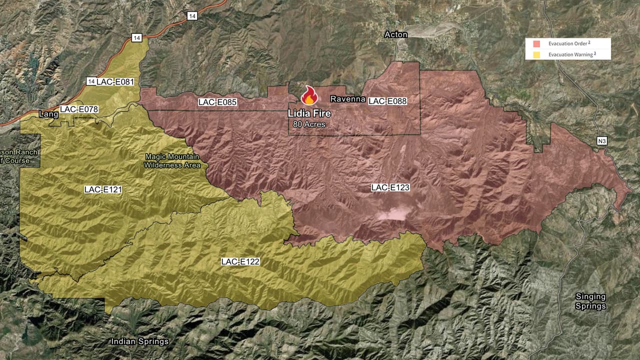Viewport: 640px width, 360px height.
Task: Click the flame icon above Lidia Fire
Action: pyautogui.click(x=309, y=95)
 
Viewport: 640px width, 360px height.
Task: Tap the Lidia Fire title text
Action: pyautogui.click(x=309, y=113)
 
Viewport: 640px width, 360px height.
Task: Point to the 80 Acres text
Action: pyautogui.click(x=309, y=124)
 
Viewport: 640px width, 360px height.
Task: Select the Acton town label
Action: pyautogui.click(x=396, y=34)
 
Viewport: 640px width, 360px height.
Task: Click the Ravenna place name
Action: pyautogui.click(x=347, y=99)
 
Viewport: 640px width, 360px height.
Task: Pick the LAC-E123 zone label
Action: pyautogui.click(x=390, y=187)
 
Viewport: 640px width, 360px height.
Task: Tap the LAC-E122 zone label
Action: pyautogui.click(x=240, y=261)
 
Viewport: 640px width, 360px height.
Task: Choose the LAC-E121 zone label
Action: pyautogui.click(x=103, y=189)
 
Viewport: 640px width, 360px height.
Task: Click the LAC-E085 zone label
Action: pyautogui.click(x=217, y=102)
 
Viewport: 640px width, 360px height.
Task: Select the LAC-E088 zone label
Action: pyautogui.click(x=387, y=101)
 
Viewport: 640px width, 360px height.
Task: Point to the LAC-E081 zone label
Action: pyautogui.click(x=115, y=81)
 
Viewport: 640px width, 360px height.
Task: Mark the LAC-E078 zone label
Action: pyautogui.click(x=79, y=109)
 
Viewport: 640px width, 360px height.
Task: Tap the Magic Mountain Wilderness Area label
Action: pyautogui.click(x=172, y=160)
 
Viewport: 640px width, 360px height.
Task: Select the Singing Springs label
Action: pyautogui.click(x=590, y=301)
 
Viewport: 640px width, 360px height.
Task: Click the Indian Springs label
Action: pyautogui.click(x=139, y=341)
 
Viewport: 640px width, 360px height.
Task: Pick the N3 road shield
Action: pyautogui.click(x=602, y=141)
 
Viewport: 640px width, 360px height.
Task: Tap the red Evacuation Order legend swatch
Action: pyautogui.click(x=536, y=43)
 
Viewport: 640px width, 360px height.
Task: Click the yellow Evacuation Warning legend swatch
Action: pyautogui.click(x=536, y=54)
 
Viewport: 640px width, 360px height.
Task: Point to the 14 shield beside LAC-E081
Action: pyautogui.click(x=91, y=81)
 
